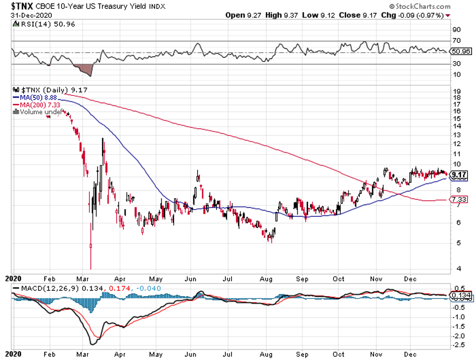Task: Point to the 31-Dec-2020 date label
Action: (22, 15)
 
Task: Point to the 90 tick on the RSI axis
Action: (456, 30)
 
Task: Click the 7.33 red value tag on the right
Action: (458, 199)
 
